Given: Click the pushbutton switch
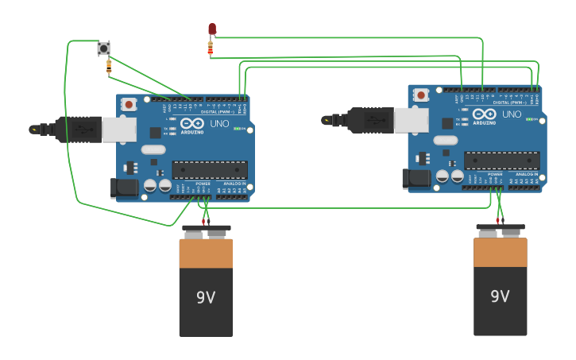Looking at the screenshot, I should (103, 48).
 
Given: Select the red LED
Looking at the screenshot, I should (212, 29).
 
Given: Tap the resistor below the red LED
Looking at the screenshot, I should (211, 48).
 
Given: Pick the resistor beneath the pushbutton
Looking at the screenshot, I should (109, 68).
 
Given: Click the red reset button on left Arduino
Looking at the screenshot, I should (129, 104).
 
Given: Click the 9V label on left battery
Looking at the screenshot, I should (206, 297).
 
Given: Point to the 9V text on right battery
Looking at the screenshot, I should (500, 296).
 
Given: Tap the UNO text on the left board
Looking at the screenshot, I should (219, 124).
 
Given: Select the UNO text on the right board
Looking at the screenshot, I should (512, 114).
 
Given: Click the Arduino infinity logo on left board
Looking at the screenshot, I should (192, 123).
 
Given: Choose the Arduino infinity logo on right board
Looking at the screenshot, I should (485, 114).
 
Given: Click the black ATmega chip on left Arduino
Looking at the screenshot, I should (210, 169).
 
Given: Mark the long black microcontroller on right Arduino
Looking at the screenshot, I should (501, 160).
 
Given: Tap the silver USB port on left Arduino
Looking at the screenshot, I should (119, 130).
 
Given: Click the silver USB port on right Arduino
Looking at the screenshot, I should (412, 120).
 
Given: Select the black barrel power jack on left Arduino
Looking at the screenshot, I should (124, 188).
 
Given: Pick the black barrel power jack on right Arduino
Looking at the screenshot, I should (416, 178).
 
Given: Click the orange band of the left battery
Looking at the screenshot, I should (206, 254).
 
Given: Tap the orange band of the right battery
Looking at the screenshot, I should (500, 253).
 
